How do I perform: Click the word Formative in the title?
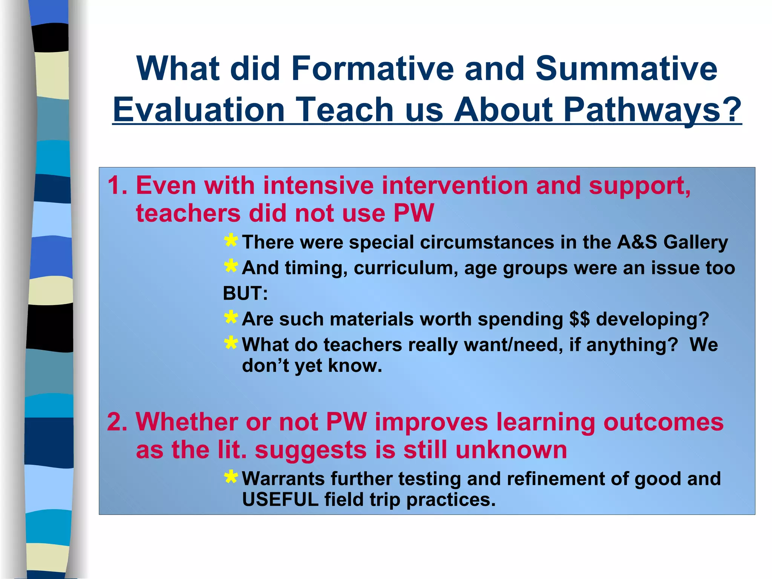[372, 69]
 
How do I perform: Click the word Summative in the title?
[626, 69]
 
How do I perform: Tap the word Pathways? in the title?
[653, 110]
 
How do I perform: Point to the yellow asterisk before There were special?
[231, 240]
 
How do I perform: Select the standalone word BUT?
[245, 293]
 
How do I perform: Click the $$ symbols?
[579, 319]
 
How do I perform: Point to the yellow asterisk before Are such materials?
[231, 317]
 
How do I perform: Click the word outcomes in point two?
[663, 422]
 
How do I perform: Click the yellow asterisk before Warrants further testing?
[231, 477]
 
